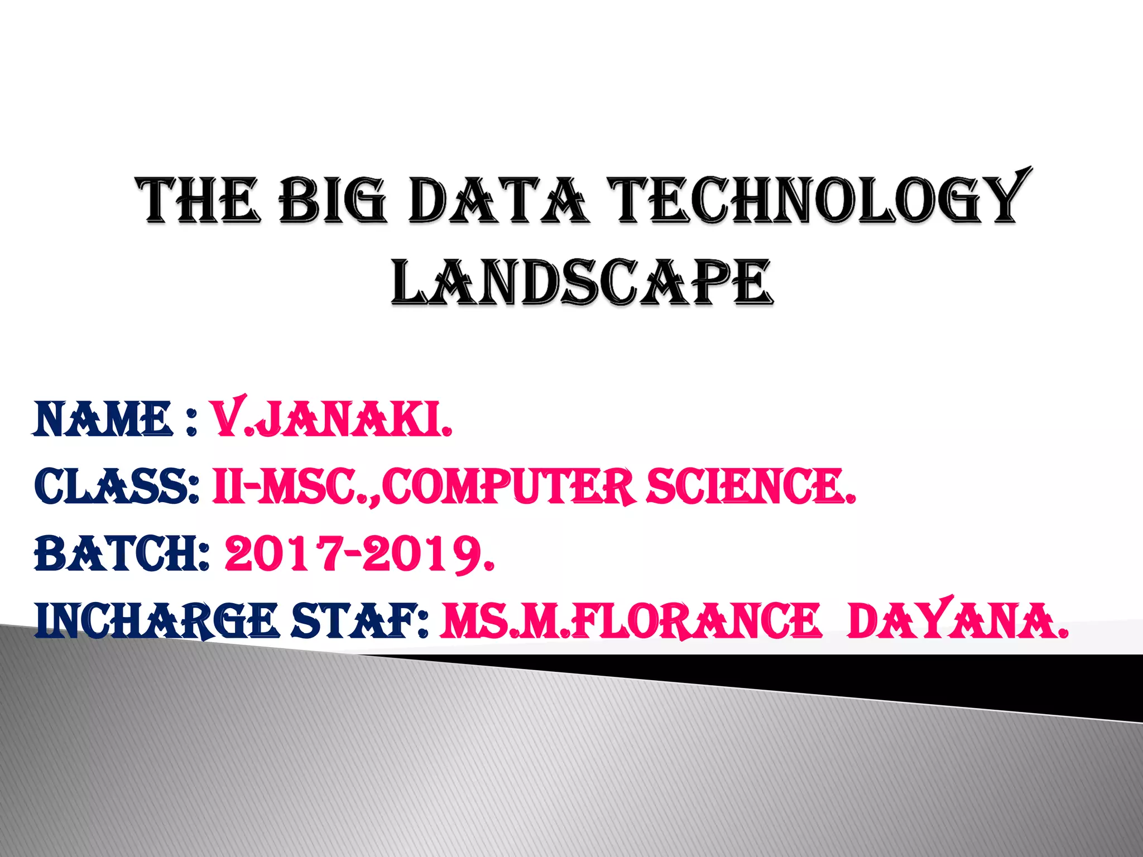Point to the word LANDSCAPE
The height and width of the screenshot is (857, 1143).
[582, 283]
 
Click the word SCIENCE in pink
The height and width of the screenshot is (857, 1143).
[751, 487]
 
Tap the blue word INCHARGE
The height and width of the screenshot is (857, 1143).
[156, 622]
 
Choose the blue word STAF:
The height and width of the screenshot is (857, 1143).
[361, 622]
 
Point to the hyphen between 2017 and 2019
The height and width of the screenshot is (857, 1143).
[351, 554]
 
